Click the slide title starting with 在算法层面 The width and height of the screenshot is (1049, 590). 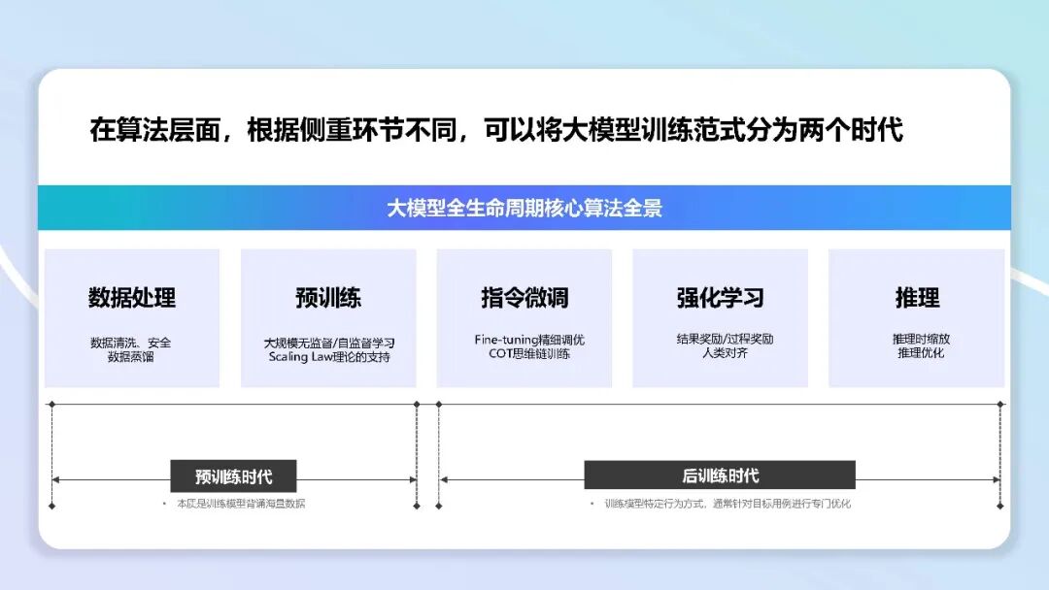coord(496,130)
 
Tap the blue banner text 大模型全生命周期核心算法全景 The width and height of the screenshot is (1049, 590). coord(524,208)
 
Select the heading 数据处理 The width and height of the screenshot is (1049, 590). coord(132,298)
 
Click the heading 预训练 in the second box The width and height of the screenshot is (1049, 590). coord(328,298)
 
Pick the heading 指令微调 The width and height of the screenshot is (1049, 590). coord(524,298)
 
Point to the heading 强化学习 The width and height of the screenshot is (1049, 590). coord(720,298)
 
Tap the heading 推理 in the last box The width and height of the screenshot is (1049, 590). coord(917,298)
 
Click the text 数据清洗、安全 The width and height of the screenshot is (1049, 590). coord(131,343)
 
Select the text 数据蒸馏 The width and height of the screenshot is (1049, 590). coord(131,356)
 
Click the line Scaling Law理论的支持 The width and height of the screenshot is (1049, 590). coord(329,357)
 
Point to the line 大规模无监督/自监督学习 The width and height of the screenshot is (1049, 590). coord(329,344)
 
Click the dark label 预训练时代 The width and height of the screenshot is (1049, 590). coord(233,476)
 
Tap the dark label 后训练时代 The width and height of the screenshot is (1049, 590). coord(720,475)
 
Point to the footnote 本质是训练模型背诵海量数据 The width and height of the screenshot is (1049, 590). coord(240,504)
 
